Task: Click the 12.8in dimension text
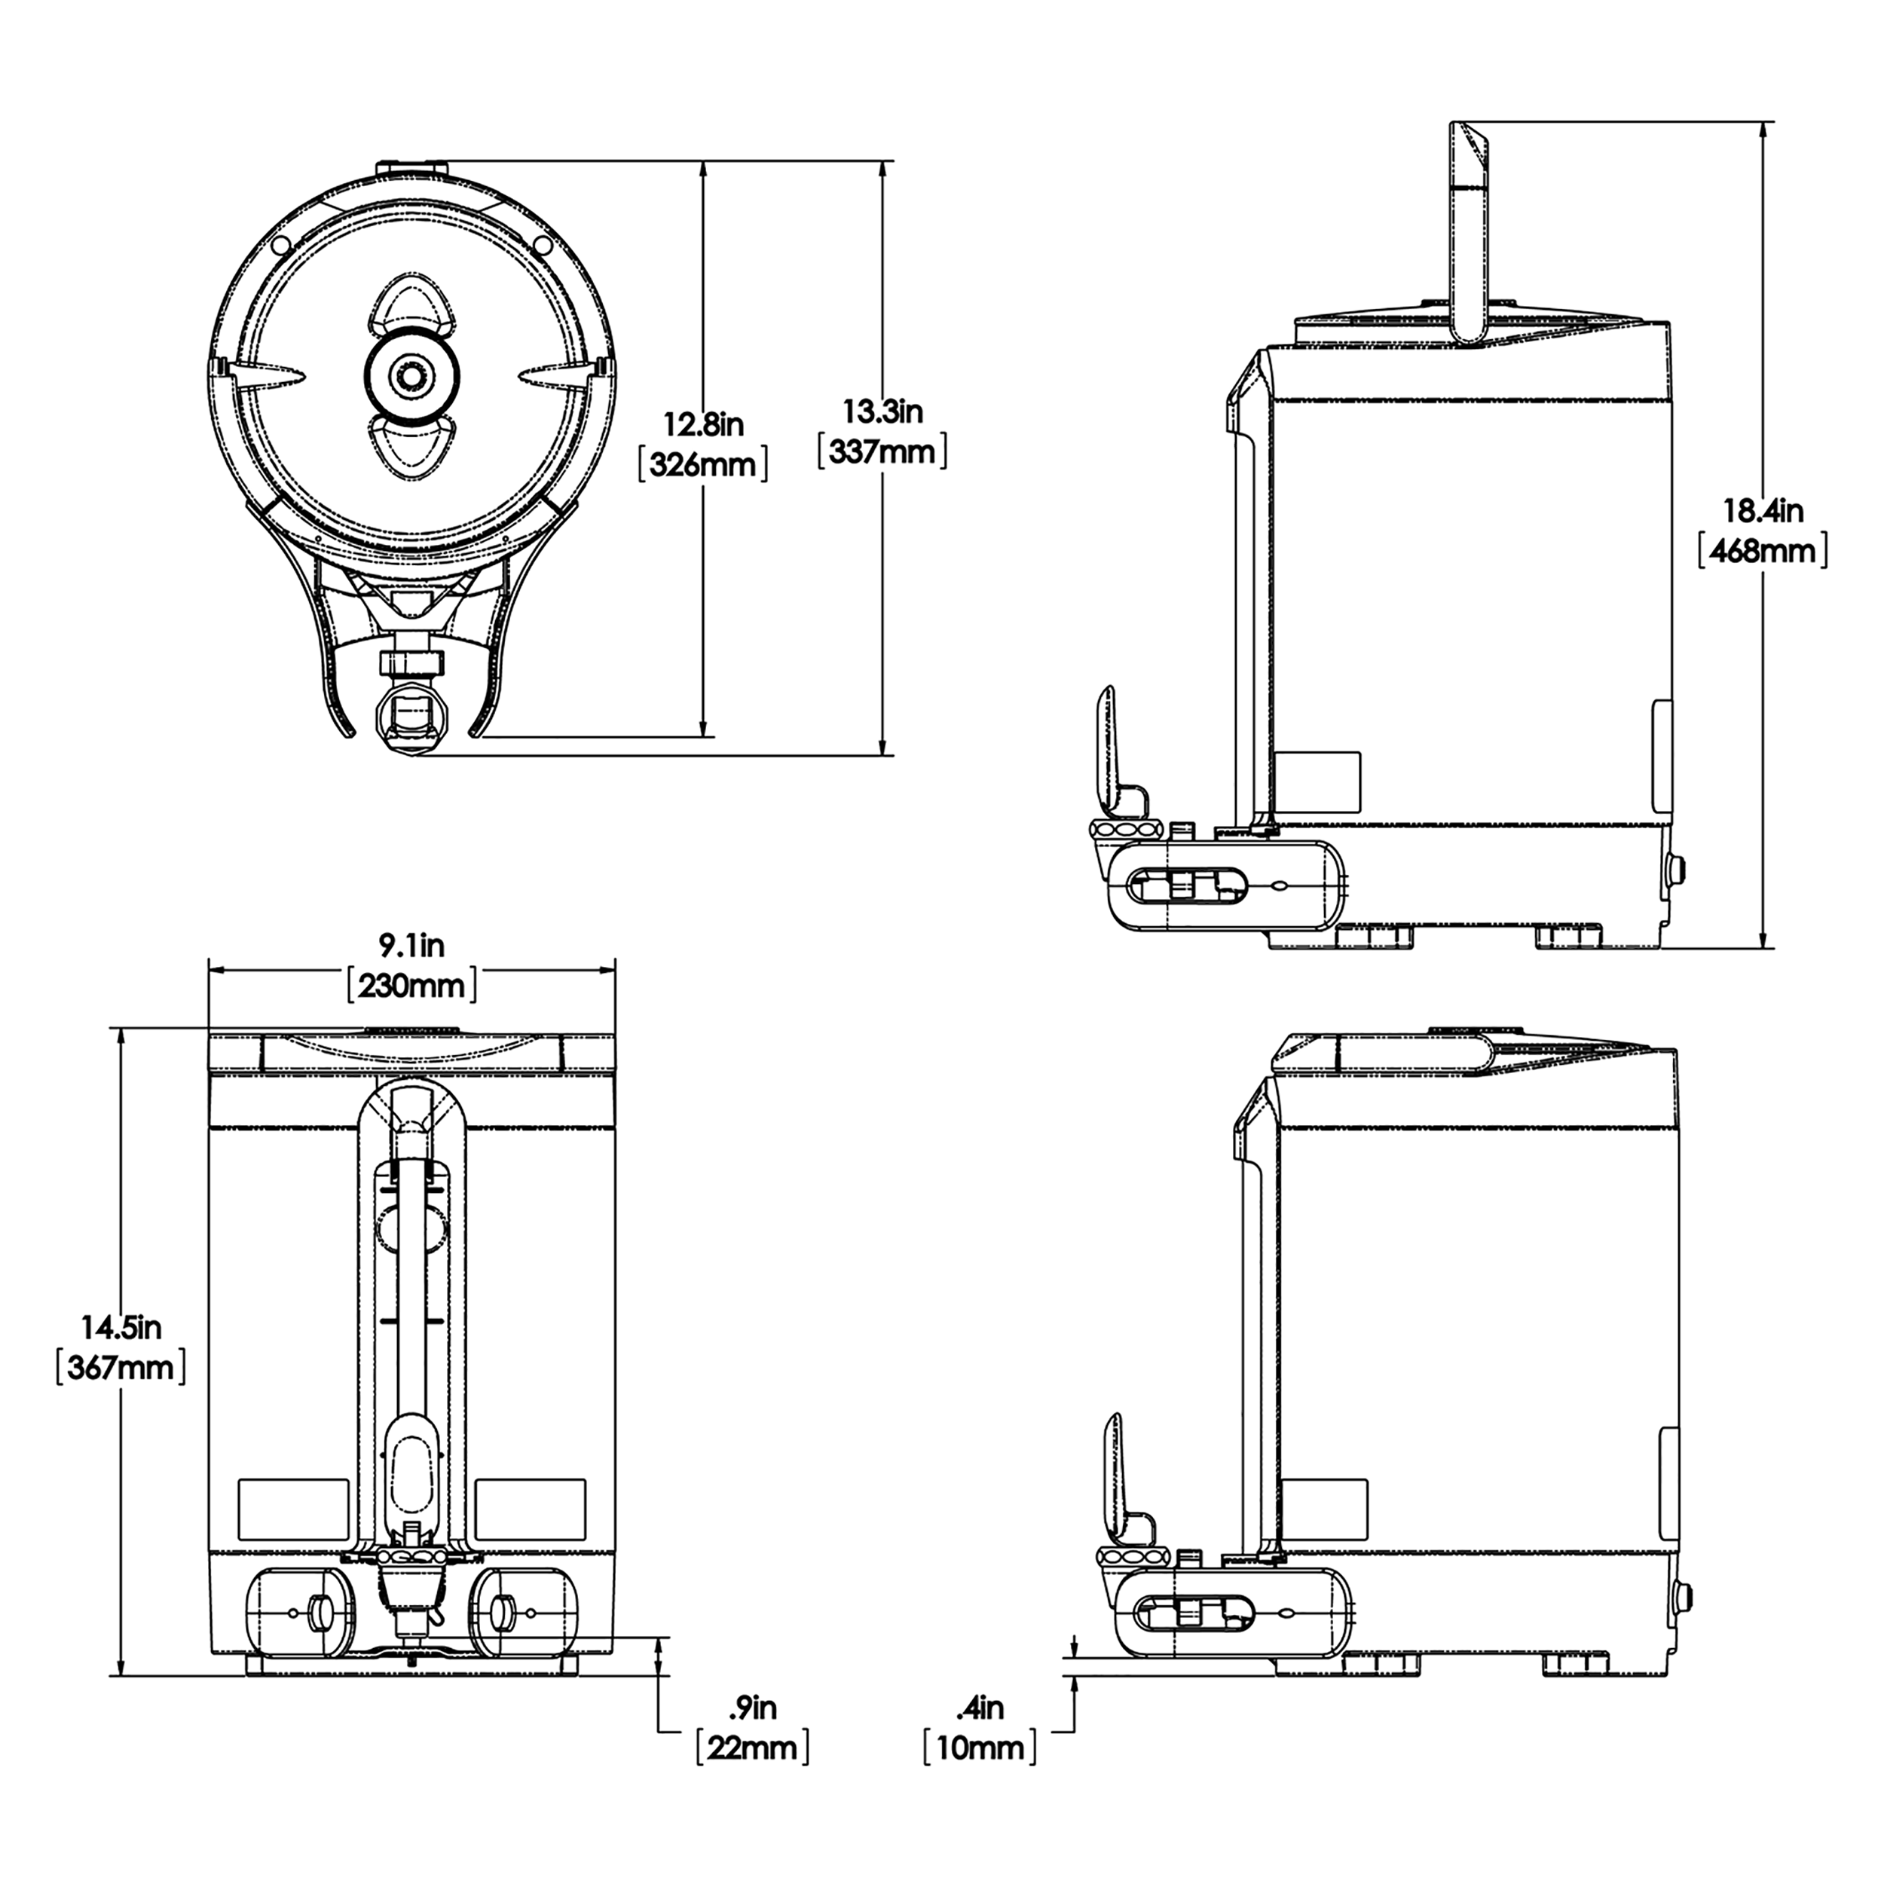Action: [703, 425]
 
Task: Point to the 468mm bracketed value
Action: [1763, 551]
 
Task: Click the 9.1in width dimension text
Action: [411, 945]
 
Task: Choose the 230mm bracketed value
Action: [411, 985]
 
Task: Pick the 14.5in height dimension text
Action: [120, 1326]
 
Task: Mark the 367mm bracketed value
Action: [120, 1367]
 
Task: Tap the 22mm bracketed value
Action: [752, 1748]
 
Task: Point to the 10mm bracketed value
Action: [980, 1748]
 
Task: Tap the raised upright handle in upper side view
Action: [1469, 234]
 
